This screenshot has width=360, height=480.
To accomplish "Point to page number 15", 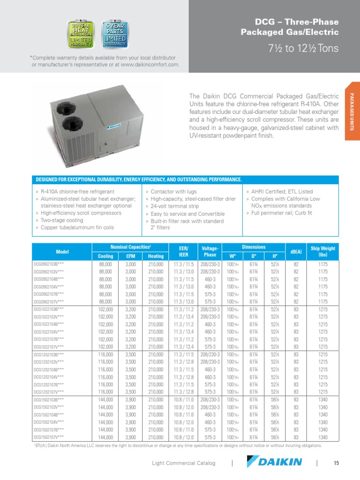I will (x=336, y=463).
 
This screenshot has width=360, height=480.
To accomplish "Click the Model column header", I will (x=62, y=252).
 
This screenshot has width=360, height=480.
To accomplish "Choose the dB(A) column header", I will (x=296, y=252).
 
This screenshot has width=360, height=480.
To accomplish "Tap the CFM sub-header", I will (x=130, y=256).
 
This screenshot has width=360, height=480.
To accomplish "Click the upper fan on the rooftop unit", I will (x=70, y=105).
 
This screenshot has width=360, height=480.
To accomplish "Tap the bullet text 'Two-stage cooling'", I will (x=61, y=220).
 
